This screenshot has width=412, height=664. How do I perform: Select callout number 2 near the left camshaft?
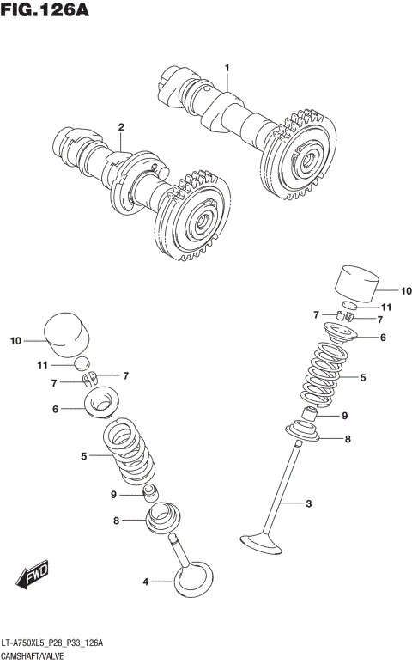tap(121, 127)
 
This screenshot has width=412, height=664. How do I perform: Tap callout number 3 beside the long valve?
tap(307, 503)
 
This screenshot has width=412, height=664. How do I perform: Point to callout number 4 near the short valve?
tap(146, 582)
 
